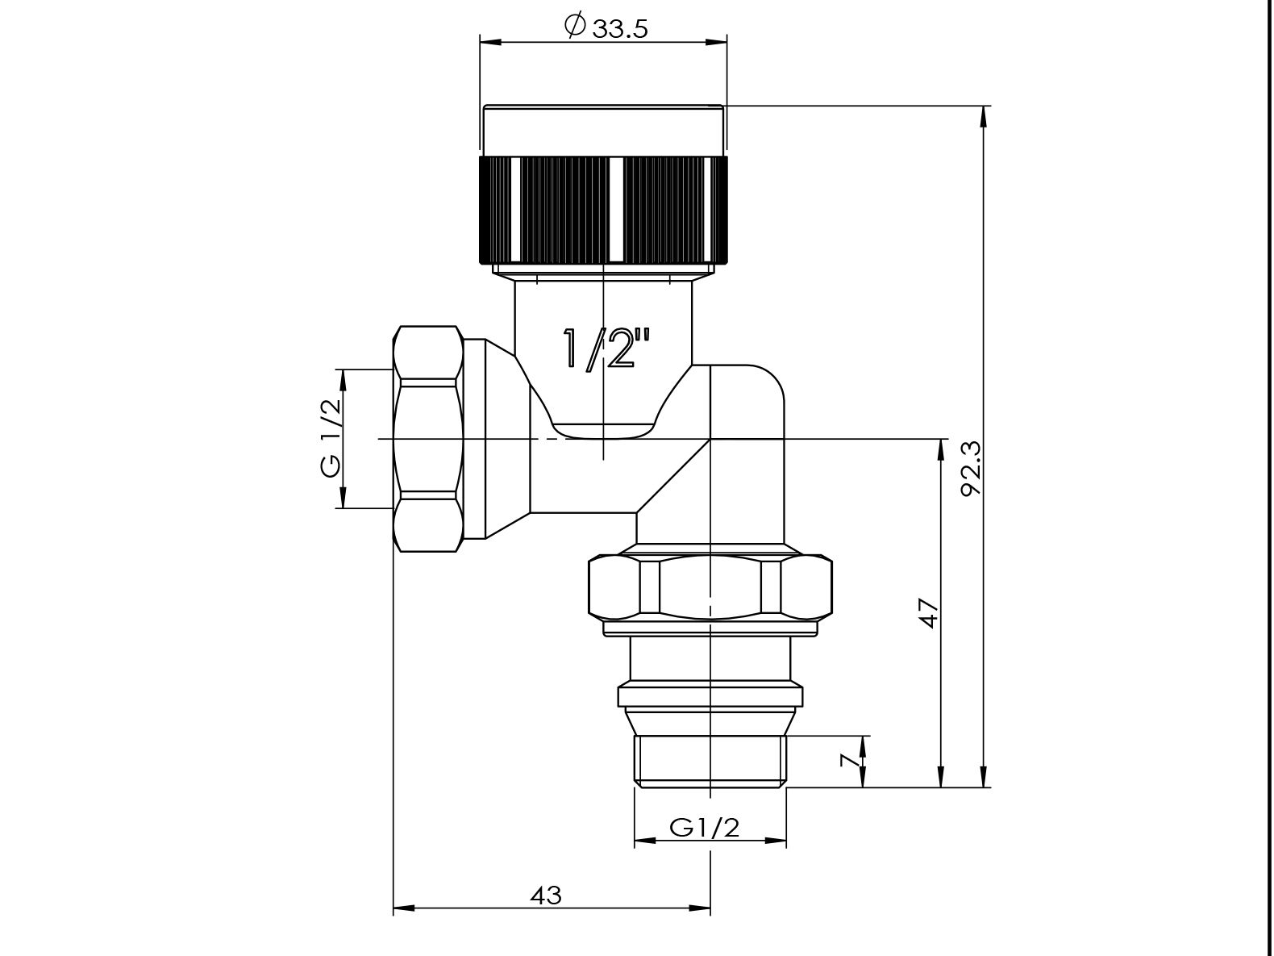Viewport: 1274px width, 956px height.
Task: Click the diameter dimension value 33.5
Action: [619, 28]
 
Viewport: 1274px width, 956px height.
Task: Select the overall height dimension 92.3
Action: [970, 469]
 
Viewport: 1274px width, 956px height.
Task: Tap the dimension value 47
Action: [929, 613]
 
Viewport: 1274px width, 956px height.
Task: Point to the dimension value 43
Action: [546, 895]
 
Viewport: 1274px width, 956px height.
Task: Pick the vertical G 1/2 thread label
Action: [331, 438]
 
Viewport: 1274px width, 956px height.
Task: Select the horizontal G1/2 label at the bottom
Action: [705, 828]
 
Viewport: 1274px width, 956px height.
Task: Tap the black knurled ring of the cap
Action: [603, 209]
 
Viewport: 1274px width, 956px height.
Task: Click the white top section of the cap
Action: [603, 131]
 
